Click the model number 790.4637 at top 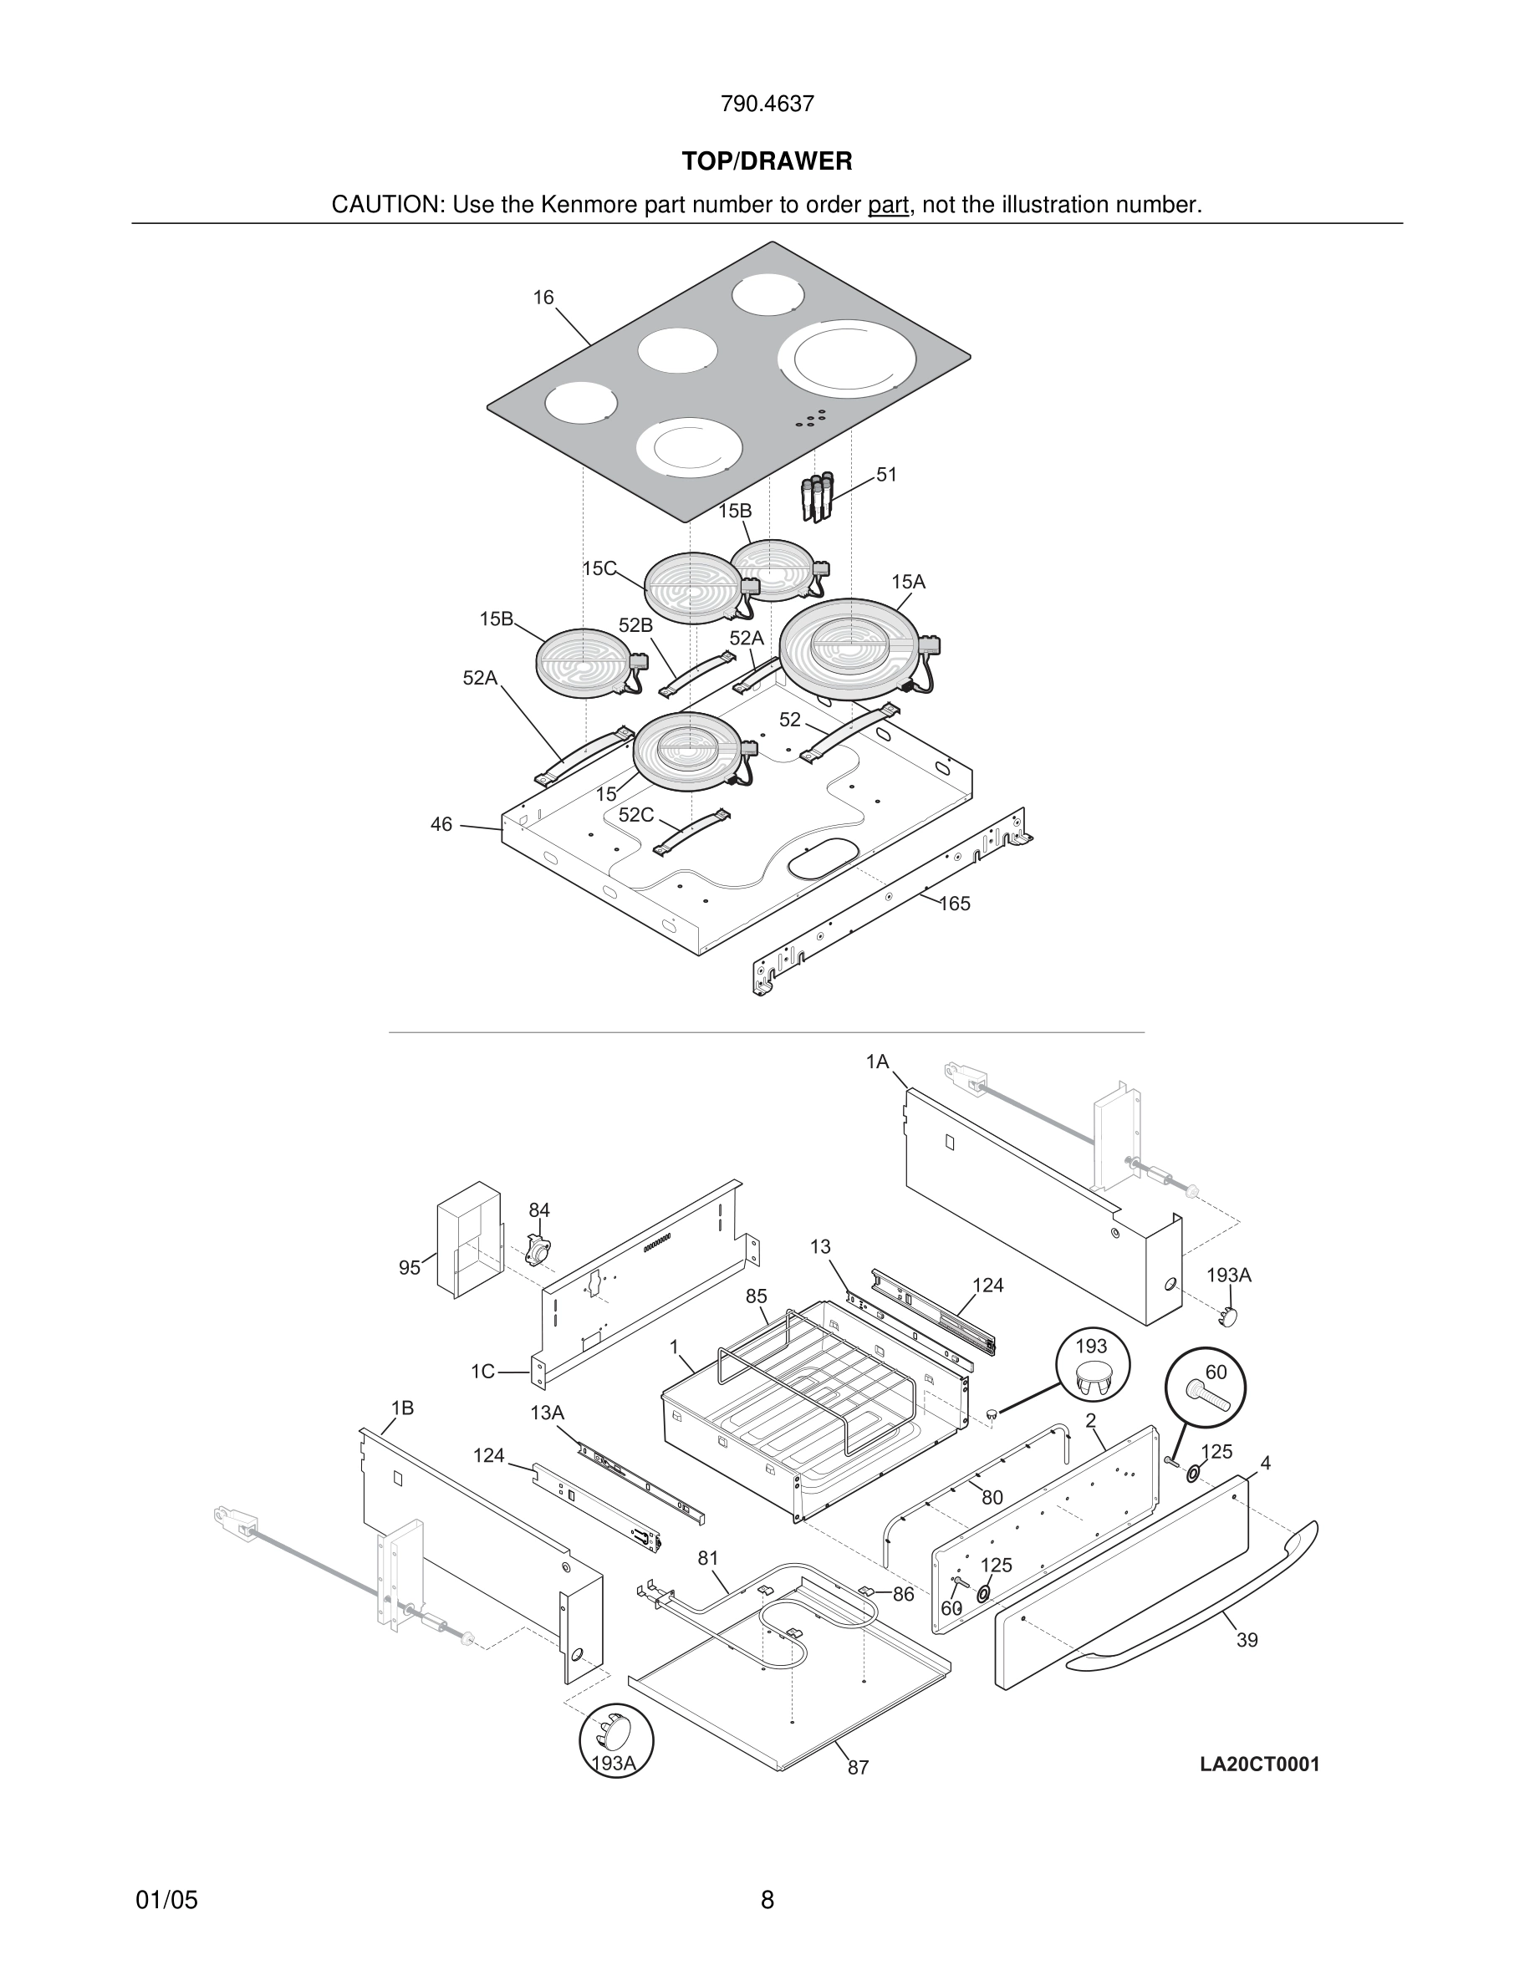click(767, 104)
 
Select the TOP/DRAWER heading click(767, 162)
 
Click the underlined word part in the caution click(888, 206)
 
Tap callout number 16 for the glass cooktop click(543, 298)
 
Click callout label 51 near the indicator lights click(885, 475)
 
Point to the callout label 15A click(908, 582)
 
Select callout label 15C click(599, 568)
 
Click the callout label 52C click(635, 815)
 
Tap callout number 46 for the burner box click(441, 825)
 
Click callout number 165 click(954, 904)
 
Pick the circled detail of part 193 click(1092, 1365)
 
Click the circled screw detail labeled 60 click(1206, 1388)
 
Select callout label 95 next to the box click(411, 1268)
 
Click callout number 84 click(539, 1210)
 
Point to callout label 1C click(483, 1372)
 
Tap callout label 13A click(548, 1413)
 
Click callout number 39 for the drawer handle click(1247, 1641)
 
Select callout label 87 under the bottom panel click(858, 1768)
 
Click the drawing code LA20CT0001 click(1259, 1765)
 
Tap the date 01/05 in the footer click(166, 1901)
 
